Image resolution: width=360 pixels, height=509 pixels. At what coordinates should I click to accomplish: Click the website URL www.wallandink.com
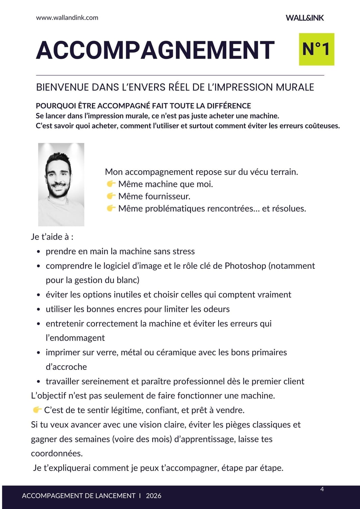pyautogui.click(x=67, y=18)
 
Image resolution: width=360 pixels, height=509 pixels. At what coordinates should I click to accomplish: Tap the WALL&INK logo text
pyautogui.click(x=305, y=18)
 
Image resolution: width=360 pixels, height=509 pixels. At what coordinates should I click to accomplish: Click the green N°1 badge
pyautogui.click(x=316, y=49)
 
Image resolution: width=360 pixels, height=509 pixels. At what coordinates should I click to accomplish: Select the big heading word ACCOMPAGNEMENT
pyautogui.click(x=155, y=50)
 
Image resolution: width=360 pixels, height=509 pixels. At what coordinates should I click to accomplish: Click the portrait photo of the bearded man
pyautogui.click(x=61, y=184)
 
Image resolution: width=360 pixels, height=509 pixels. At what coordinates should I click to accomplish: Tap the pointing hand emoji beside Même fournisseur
pyautogui.click(x=111, y=196)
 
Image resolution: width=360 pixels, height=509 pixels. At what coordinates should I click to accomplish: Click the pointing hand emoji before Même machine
pyautogui.click(x=111, y=184)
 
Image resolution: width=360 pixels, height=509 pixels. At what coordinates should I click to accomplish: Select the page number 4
pyautogui.click(x=322, y=489)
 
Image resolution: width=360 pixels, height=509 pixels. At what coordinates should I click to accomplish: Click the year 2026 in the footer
pyautogui.click(x=153, y=496)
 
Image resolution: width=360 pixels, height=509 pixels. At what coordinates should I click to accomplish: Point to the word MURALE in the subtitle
pyautogui.click(x=295, y=87)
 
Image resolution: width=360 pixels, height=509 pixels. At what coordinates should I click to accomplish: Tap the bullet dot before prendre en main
pyautogui.click(x=39, y=252)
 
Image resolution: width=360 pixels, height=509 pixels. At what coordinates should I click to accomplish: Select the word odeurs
pyautogui.click(x=216, y=309)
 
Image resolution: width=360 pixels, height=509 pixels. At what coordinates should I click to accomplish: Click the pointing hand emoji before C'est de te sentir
pyautogui.click(x=37, y=410)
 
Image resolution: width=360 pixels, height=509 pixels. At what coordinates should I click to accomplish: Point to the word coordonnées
pyautogui.click(x=57, y=454)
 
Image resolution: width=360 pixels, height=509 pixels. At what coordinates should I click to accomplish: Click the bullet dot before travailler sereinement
pyautogui.click(x=39, y=382)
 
